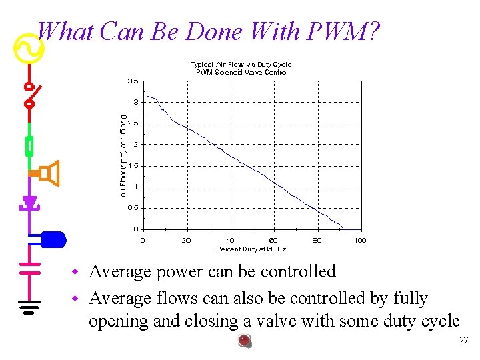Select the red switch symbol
tap(29, 95)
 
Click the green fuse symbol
tap(29, 145)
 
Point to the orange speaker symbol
tap(49, 173)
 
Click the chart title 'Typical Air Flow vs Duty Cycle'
tap(241, 65)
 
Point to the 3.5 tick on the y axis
tap(133, 81)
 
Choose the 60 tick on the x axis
tap(273, 240)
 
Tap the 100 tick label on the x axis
tap(360, 240)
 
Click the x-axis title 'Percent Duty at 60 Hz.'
tap(252, 249)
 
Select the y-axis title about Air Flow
tap(123, 155)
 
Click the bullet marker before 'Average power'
tap(76, 273)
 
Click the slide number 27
tap(464, 341)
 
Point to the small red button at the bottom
tap(245, 341)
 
